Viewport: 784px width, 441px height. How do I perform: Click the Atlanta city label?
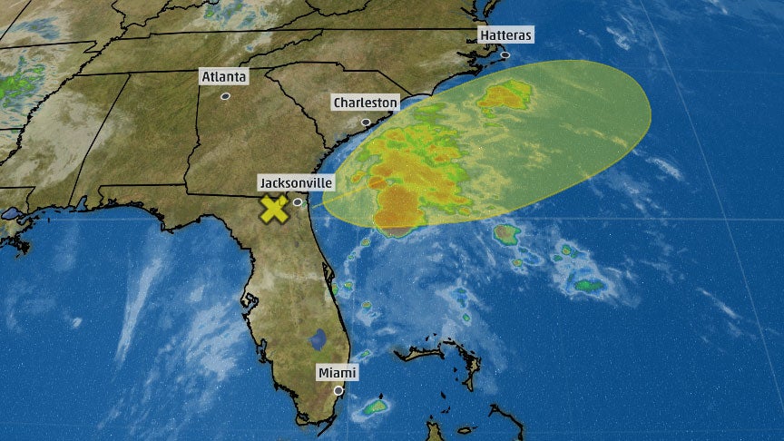coord(223,77)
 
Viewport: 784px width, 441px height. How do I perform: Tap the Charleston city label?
coord(365,103)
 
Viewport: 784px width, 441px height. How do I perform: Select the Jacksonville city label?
coord(296,182)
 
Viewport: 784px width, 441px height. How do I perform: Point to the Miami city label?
coord(338,373)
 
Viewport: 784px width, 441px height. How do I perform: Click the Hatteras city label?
coord(505,35)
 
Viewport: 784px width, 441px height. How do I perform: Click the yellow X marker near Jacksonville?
coord(274,210)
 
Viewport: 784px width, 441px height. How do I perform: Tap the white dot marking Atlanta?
coord(225,95)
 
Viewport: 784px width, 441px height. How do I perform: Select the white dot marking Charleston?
coord(367,122)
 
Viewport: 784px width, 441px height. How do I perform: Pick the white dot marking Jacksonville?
coord(298,201)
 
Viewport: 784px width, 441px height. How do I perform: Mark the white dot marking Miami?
coord(338,391)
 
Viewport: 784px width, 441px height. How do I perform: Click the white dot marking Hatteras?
coord(505,54)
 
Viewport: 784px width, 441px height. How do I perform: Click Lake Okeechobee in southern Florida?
coord(318,339)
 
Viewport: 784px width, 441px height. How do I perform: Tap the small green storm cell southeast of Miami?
coord(374,407)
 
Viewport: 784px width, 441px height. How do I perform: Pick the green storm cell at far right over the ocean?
coord(588,286)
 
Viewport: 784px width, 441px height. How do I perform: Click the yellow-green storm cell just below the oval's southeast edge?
coord(505,235)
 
